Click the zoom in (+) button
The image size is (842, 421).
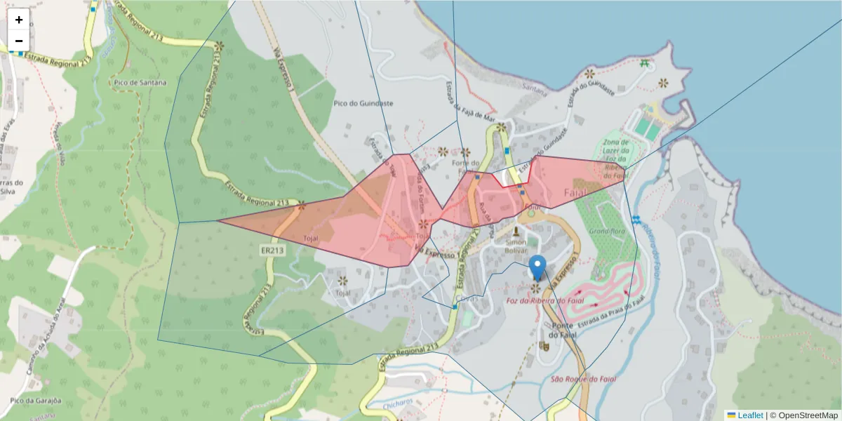pyautogui.click(x=19, y=20)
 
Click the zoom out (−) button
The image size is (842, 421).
pyautogui.click(x=19, y=41)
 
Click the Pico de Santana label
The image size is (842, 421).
pyautogui.click(x=140, y=82)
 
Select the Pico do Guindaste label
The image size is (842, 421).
pyautogui.click(x=363, y=103)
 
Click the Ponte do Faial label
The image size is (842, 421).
pyautogui.click(x=563, y=330)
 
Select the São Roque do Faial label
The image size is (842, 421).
pyautogui.click(x=584, y=379)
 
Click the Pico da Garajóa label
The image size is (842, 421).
pyautogui.click(x=36, y=401)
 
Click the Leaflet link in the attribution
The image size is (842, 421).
pyautogui.click(x=750, y=415)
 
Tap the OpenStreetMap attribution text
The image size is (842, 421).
pyautogui.click(x=808, y=415)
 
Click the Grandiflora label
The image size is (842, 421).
pyautogui.click(x=607, y=231)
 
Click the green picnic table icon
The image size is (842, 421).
pyautogui.click(x=644, y=64)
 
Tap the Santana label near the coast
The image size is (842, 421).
pyautogui.click(x=535, y=88)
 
